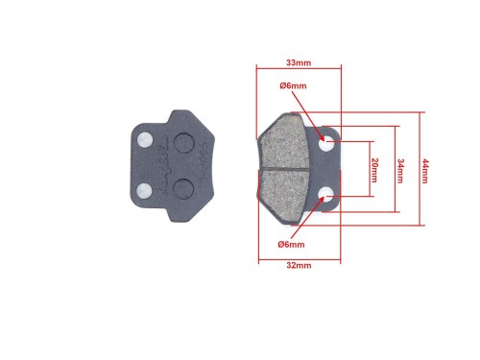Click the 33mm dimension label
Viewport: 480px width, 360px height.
(299, 62)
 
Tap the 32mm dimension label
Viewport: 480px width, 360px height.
(299, 265)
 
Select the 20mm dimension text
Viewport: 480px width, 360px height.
(374, 170)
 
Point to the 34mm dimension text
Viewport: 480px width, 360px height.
(400, 171)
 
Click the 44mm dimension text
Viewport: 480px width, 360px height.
(424, 171)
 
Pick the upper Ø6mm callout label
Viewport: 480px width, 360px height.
(293, 85)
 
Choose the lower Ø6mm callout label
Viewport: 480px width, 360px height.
(291, 245)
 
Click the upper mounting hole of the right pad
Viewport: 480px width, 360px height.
(326, 143)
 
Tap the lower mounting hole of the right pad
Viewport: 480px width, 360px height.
(326, 195)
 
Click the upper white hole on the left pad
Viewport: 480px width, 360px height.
(145, 139)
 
